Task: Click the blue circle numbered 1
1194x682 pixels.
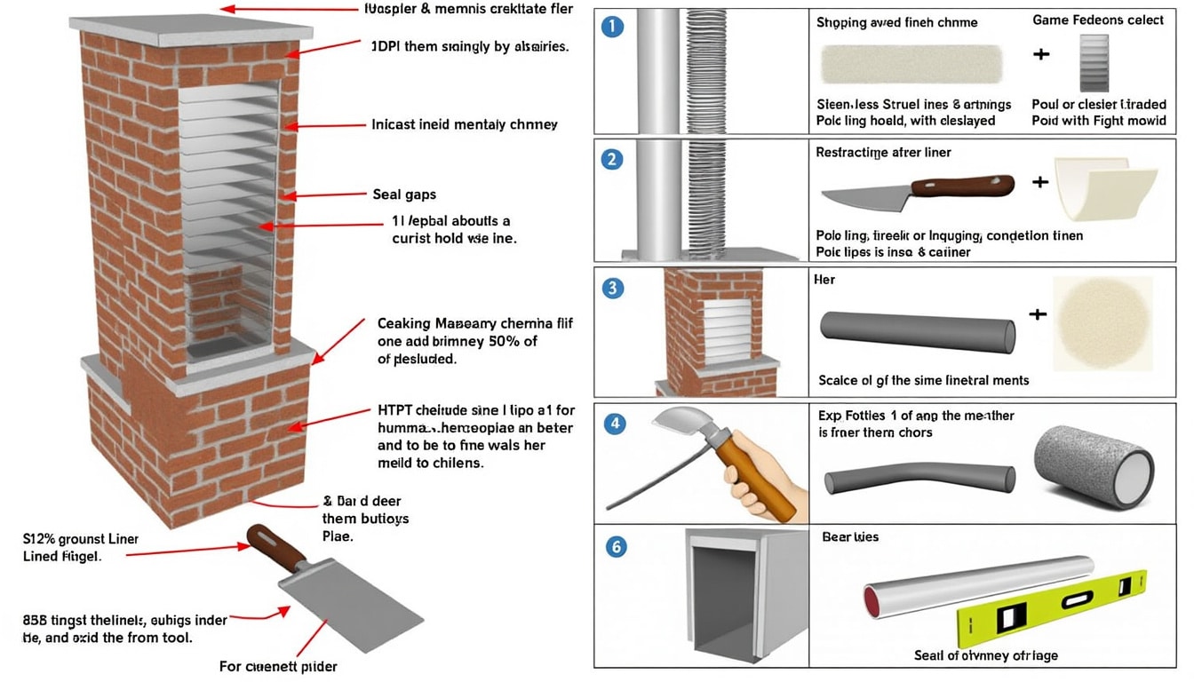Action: [x=613, y=28]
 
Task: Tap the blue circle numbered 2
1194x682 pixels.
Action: [x=613, y=160]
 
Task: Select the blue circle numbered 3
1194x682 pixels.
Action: [x=613, y=289]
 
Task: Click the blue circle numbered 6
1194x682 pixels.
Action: [x=615, y=547]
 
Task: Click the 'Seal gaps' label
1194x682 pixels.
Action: [x=404, y=194]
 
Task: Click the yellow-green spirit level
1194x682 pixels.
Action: [x=1048, y=609]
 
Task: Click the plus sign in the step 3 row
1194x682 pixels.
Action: [x=1037, y=314]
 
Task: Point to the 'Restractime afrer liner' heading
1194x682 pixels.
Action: [x=883, y=153]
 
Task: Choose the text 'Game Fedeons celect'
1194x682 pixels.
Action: [x=1098, y=20]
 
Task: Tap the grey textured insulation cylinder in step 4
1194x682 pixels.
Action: [x=1094, y=466]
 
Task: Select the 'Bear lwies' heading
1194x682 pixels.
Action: [x=850, y=537]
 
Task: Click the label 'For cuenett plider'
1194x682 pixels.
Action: [x=278, y=666]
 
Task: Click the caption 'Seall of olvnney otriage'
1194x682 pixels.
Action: [x=985, y=655]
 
